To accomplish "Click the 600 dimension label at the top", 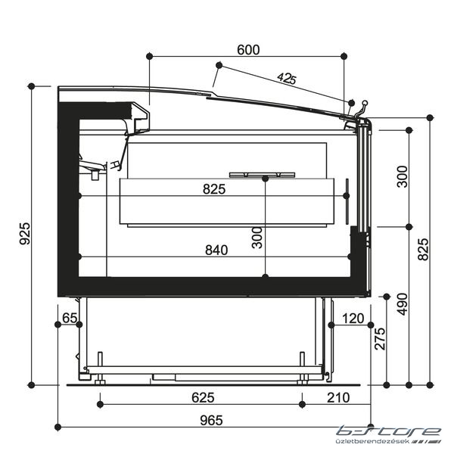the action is pyautogui.click(x=248, y=50).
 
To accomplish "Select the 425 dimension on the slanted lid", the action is pyautogui.click(x=287, y=78).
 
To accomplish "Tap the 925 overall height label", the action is pyautogui.click(x=25, y=233).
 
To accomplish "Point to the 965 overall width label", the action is pyautogui.click(x=211, y=421).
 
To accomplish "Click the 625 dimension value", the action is pyautogui.click(x=203, y=397).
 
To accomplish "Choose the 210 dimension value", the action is pyautogui.click(x=338, y=397).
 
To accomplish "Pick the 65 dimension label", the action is pyautogui.click(x=70, y=318).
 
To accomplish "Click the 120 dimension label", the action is pyautogui.click(x=353, y=319).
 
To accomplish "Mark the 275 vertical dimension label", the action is pyautogui.click(x=380, y=339).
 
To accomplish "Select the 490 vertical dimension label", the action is pyautogui.click(x=403, y=304).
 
